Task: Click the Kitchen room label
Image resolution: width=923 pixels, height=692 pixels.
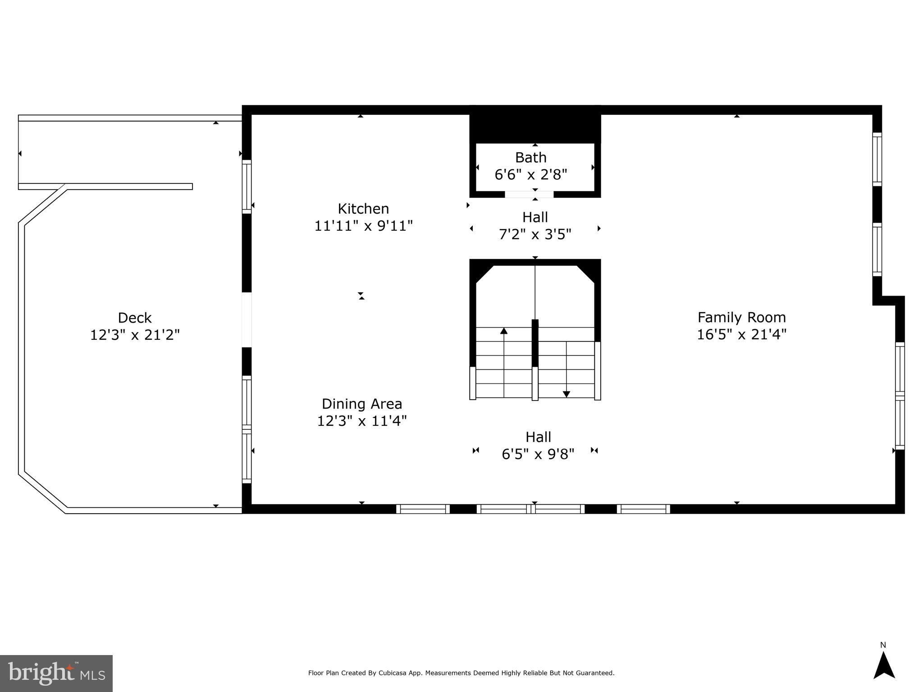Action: click(363, 209)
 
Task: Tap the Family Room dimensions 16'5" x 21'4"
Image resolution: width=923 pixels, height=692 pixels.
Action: click(741, 335)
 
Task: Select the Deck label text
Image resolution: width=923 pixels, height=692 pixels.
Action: click(134, 318)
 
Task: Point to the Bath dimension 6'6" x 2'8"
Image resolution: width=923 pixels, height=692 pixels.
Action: click(530, 175)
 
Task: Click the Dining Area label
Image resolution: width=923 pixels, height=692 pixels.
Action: click(361, 404)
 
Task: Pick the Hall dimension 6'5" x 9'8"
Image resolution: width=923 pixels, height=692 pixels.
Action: click(538, 454)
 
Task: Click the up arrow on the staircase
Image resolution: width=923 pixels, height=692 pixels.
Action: click(504, 331)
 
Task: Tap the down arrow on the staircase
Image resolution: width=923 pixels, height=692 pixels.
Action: click(567, 394)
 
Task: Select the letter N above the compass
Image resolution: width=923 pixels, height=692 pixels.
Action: click(883, 645)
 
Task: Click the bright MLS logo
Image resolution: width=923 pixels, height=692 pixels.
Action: click(56, 673)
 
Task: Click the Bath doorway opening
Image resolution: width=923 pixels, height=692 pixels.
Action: click(529, 195)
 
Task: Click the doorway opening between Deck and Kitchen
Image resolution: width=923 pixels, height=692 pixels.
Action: click(247, 320)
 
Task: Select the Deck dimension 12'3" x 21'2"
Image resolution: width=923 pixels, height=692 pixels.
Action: click(135, 335)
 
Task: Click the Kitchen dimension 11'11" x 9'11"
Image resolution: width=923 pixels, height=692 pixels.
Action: click(363, 226)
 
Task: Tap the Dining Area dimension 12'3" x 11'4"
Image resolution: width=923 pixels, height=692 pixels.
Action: click(361, 421)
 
